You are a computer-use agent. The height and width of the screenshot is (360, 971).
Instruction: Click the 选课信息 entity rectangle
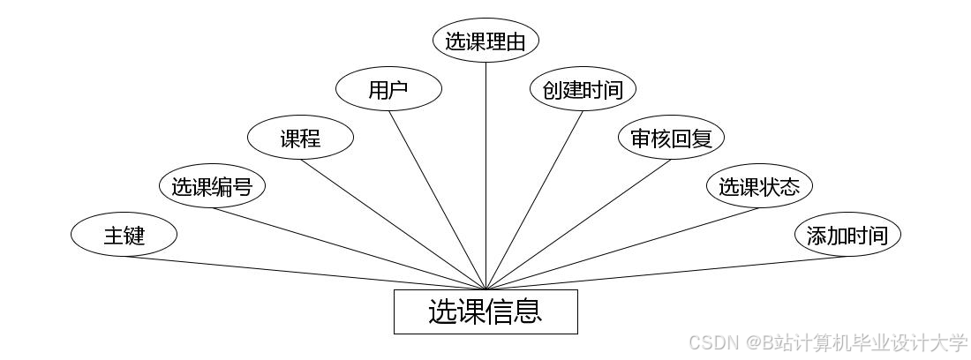[485, 311]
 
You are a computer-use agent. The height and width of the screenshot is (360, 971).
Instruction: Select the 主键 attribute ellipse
[124, 235]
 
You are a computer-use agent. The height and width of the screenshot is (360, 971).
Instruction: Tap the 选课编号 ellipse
[212, 186]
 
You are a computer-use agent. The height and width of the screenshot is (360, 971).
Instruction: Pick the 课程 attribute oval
[300, 138]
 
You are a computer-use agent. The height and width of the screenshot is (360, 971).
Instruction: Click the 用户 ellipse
[388, 89]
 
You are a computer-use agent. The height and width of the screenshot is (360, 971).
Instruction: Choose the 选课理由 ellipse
[485, 41]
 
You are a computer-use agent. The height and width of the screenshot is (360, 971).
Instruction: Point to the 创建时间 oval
[583, 89]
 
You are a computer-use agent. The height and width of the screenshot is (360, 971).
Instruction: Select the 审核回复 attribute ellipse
[671, 138]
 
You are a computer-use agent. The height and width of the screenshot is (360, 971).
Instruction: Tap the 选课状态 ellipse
[759, 186]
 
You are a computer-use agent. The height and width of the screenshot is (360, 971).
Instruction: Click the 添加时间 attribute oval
[847, 235]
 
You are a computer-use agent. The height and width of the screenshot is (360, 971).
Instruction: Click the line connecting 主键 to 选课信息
[305, 273]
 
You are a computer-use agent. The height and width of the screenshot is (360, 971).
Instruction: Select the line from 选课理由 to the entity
[485, 176]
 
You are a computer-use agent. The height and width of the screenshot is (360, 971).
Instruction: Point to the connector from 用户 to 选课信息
[437, 200]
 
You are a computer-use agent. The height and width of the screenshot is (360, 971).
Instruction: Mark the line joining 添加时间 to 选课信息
[666, 273]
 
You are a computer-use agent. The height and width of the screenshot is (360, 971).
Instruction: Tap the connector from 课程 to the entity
[393, 224]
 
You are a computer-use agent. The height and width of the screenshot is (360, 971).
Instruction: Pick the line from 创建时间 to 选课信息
[534, 200]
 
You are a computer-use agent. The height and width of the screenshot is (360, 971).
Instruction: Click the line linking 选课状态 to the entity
[622, 249]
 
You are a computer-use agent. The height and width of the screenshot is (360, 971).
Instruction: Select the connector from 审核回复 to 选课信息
[578, 224]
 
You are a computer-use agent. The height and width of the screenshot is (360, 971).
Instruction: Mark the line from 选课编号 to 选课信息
[349, 249]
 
